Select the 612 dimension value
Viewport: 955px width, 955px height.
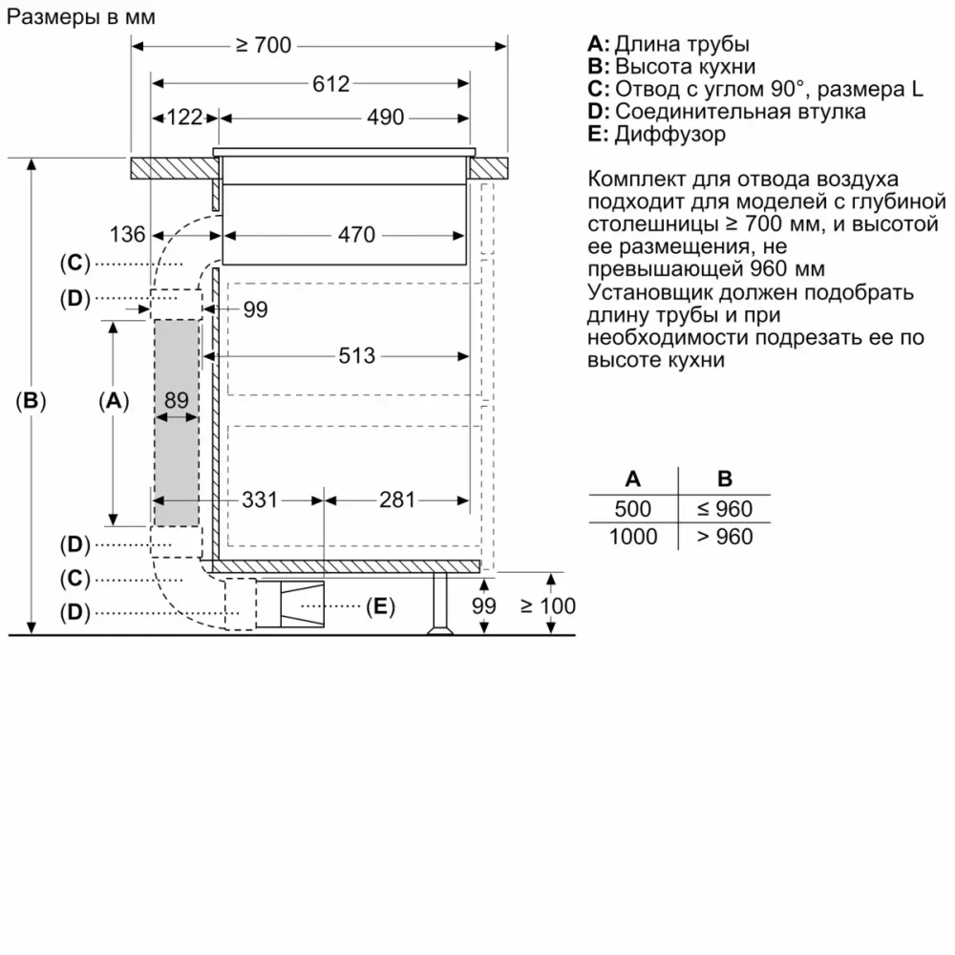[330, 83]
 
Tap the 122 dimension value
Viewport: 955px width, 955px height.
[184, 117]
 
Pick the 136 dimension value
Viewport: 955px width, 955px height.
[127, 234]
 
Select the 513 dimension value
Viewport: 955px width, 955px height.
[356, 356]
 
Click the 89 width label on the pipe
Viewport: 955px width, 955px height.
[177, 400]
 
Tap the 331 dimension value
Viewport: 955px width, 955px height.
[258, 499]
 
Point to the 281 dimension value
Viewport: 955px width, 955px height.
[397, 499]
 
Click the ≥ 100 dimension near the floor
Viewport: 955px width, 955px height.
[548, 605]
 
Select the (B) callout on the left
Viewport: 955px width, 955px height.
[32, 401]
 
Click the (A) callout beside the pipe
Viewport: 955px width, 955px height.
[114, 401]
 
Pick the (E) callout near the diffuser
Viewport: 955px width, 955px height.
[379, 605]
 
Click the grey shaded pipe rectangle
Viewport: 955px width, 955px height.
[177, 458]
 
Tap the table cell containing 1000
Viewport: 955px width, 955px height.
[632, 537]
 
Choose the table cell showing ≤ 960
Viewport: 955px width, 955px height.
[724, 508]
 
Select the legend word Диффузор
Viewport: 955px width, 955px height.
[669, 135]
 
